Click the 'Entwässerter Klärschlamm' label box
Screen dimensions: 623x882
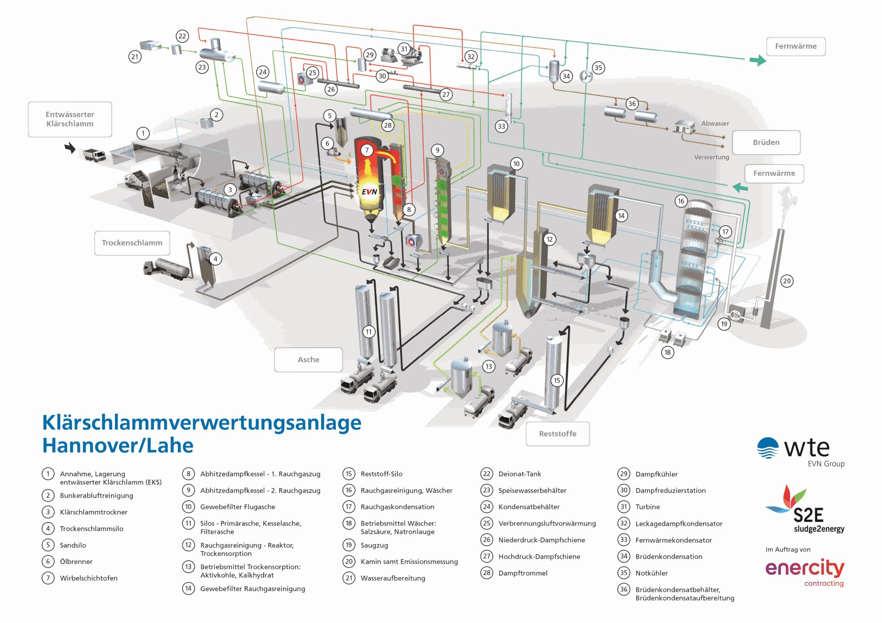click(70, 119)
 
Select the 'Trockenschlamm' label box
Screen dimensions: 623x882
click(132, 243)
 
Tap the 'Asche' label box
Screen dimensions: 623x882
click(308, 360)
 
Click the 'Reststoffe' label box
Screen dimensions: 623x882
click(557, 434)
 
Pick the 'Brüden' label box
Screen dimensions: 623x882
click(766, 142)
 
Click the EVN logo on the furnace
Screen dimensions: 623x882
click(369, 192)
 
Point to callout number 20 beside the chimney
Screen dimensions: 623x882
click(787, 281)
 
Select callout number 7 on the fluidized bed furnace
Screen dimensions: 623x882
click(367, 150)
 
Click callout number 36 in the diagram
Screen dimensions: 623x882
click(632, 104)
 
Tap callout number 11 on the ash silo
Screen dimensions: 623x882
click(369, 331)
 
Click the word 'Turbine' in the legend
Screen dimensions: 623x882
click(647, 507)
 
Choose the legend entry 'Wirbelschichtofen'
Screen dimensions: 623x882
click(89, 578)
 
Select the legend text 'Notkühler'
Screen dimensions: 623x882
click(651, 573)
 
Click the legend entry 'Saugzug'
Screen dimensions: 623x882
click(374, 545)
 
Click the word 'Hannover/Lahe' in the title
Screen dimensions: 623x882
click(118, 446)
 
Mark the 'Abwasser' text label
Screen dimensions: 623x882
click(715, 123)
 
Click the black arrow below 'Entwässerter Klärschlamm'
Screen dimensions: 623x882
click(70, 148)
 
